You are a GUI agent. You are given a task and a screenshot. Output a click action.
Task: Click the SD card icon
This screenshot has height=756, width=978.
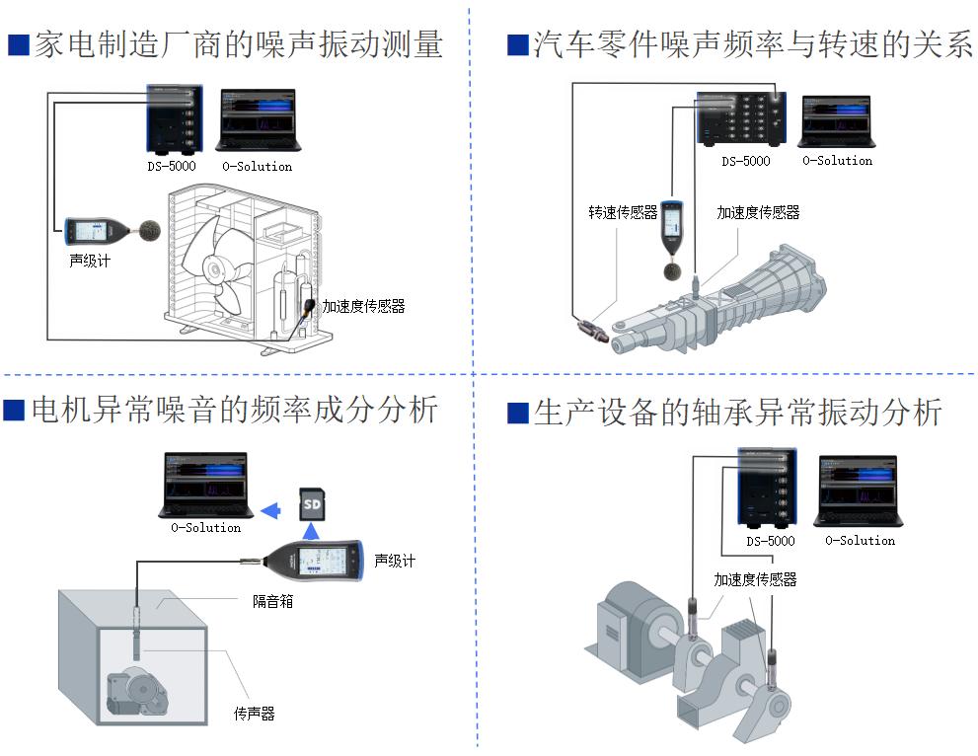click(312, 505)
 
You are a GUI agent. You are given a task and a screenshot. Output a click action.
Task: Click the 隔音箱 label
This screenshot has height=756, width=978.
click(272, 600)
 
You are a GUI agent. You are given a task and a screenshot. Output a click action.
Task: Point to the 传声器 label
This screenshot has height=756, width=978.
click(254, 714)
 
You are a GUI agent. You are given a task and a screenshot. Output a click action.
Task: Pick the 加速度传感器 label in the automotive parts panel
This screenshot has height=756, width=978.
click(758, 212)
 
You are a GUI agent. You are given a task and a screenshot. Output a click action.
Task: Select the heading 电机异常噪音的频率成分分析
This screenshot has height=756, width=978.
click(234, 410)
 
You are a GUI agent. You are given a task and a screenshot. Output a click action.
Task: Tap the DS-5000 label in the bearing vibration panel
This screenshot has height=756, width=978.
click(770, 541)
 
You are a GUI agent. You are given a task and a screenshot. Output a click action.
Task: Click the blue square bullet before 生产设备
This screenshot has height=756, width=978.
click(517, 414)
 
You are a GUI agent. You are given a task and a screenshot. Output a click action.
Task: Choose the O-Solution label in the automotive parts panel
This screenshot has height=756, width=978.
click(837, 160)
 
